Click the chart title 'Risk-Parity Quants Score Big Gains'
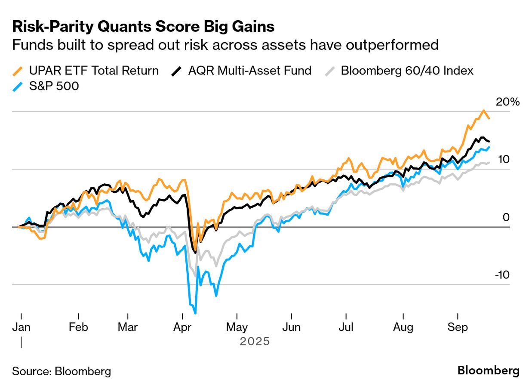click(x=143, y=27)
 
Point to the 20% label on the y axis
click(x=507, y=102)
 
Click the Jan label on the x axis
click(x=21, y=327)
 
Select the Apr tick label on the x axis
click(x=183, y=327)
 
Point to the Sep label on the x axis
click(x=458, y=327)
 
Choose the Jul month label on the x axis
click(x=346, y=327)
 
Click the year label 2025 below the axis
click(x=255, y=342)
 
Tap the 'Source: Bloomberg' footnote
click(x=62, y=371)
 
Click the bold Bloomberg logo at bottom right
click(x=488, y=370)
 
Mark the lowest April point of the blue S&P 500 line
click(x=196, y=313)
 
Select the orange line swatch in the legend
click(x=18, y=71)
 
